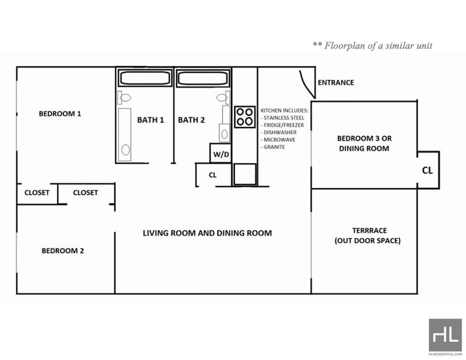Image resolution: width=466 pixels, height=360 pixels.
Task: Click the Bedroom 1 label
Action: click(x=60, y=114)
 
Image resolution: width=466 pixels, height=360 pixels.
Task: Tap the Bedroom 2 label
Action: click(x=63, y=250)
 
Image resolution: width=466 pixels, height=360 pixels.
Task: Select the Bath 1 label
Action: click(x=150, y=120)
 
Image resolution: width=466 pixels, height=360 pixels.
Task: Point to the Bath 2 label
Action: click(x=192, y=120)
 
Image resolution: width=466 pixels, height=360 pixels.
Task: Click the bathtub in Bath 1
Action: click(x=145, y=78)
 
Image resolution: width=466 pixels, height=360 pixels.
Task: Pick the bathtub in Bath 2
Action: click(x=203, y=78)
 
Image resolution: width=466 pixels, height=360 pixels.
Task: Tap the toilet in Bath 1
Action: click(x=124, y=97)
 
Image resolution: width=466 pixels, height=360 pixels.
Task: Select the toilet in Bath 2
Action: click(x=223, y=97)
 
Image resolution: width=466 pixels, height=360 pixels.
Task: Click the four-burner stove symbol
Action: click(x=245, y=117)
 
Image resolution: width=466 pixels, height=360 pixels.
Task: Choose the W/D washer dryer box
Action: click(x=221, y=153)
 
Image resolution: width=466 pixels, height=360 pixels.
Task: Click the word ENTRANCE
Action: click(x=336, y=82)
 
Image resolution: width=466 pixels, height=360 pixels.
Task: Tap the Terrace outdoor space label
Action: click(x=368, y=235)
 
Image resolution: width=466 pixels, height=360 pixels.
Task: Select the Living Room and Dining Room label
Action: click(x=207, y=233)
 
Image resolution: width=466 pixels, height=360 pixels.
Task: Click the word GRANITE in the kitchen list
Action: click(x=273, y=147)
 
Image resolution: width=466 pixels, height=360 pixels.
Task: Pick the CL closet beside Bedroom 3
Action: click(x=428, y=170)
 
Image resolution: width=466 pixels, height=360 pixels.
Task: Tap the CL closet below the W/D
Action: click(x=213, y=175)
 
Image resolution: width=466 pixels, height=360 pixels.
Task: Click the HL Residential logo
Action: click(x=445, y=336)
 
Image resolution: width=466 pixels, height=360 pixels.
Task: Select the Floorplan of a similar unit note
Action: click(x=372, y=45)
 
